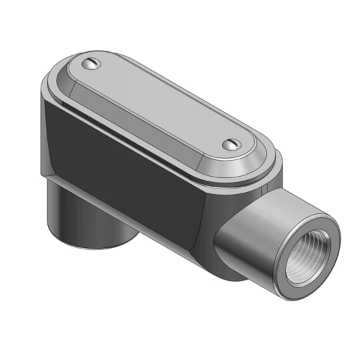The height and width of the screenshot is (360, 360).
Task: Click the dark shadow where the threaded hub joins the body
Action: [223, 257]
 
